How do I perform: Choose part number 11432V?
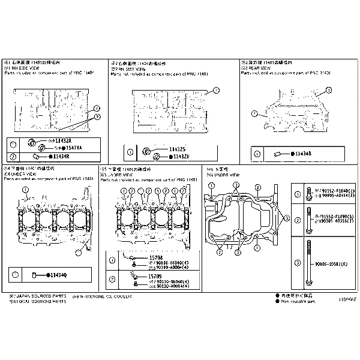[181, 157]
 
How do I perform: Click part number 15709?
[155, 277]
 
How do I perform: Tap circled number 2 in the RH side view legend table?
[13, 157]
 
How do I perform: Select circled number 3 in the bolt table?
[297, 262]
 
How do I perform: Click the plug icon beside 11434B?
[280, 154]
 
